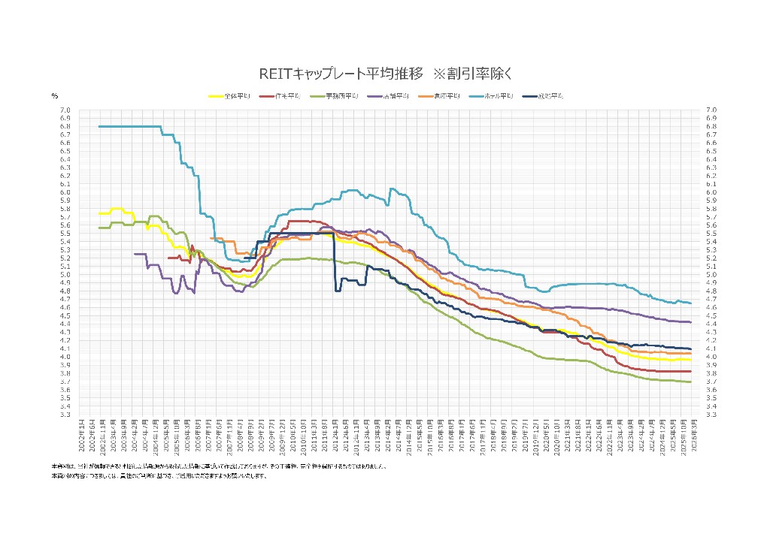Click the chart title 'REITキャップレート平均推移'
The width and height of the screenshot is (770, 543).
pyautogui.click(x=341, y=74)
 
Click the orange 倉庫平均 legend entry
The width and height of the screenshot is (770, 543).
pyautogui.click(x=440, y=96)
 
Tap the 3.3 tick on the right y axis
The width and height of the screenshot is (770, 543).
pyautogui.click(x=711, y=414)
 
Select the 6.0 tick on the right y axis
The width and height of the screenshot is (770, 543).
pyautogui.click(x=711, y=192)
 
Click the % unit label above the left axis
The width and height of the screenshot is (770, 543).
pyautogui.click(x=55, y=96)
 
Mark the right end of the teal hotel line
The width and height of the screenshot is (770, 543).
pyautogui.click(x=690, y=303)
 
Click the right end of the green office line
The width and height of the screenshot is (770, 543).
pyautogui.click(x=690, y=382)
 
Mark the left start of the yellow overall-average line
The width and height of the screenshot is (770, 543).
pyautogui.click(x=100, y=213)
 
